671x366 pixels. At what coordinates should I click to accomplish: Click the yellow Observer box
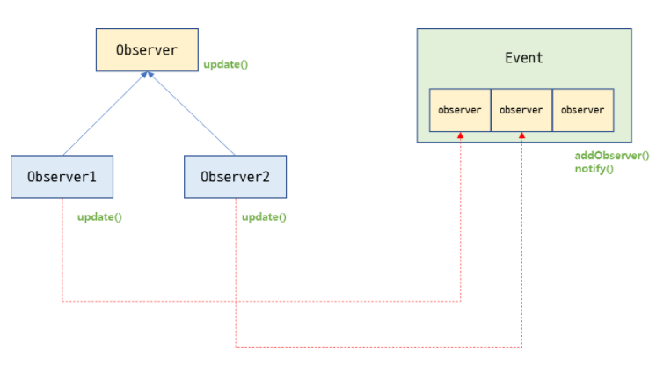[x=147, y=50]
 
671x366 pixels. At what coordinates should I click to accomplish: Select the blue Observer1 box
[x=62, y=176]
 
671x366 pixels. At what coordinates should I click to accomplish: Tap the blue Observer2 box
[x=235, y=176]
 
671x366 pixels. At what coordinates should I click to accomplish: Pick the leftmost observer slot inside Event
[x=460, y=110]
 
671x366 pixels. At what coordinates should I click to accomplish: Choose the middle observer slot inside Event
[x=521, y=110]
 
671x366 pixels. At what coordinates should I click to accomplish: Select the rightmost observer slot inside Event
[x=582, y=110]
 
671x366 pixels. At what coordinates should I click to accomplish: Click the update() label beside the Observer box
[x=225, y=65]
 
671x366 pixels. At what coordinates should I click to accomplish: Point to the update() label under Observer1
[x=99, y=216]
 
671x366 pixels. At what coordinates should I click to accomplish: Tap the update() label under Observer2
[x=264, y=216]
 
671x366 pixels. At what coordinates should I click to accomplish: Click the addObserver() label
[x=612, y=156]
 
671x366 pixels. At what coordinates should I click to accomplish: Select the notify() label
[x=594, y=167]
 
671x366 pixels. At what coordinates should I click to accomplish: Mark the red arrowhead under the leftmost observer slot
[x=461, y=135]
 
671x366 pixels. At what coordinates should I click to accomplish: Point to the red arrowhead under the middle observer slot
[x=522, y=135]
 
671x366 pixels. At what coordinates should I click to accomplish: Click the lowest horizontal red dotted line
[x=378, y=345]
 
